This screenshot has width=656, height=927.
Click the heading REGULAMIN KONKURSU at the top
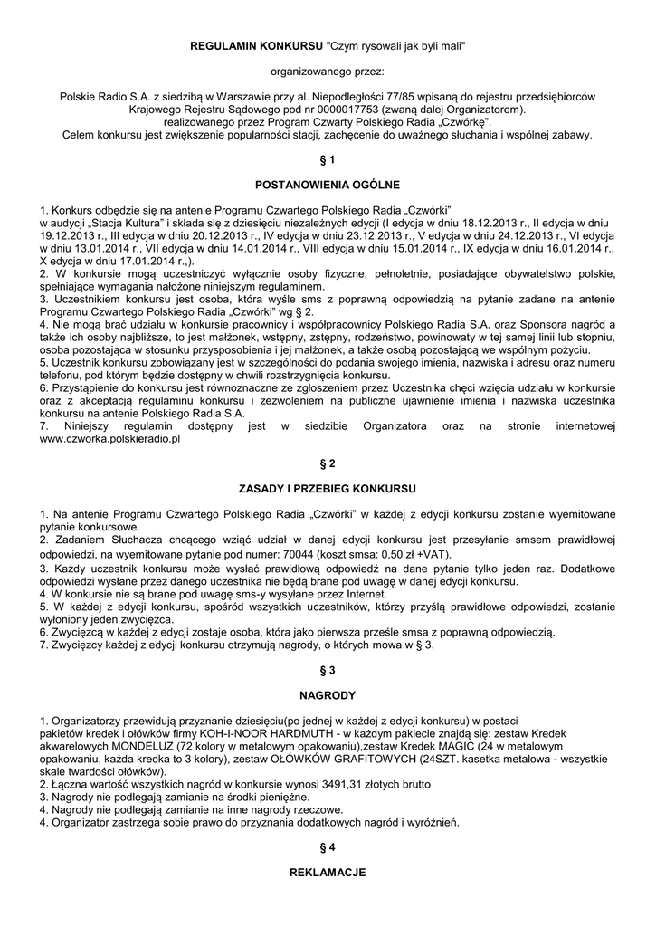[256, 44]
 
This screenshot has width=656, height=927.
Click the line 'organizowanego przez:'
[328, 70]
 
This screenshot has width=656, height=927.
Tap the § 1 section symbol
[328, 159]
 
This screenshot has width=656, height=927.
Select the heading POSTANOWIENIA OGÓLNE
[328, 185]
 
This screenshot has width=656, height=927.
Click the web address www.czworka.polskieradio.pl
[110, 438]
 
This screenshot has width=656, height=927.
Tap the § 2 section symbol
[328, 463]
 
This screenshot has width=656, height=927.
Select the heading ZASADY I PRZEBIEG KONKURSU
[328, 488]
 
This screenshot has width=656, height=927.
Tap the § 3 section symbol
[328, 670]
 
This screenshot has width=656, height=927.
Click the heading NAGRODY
[328, 695]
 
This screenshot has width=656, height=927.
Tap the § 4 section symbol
[328, 847]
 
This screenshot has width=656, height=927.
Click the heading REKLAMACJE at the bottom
[328, 873]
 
